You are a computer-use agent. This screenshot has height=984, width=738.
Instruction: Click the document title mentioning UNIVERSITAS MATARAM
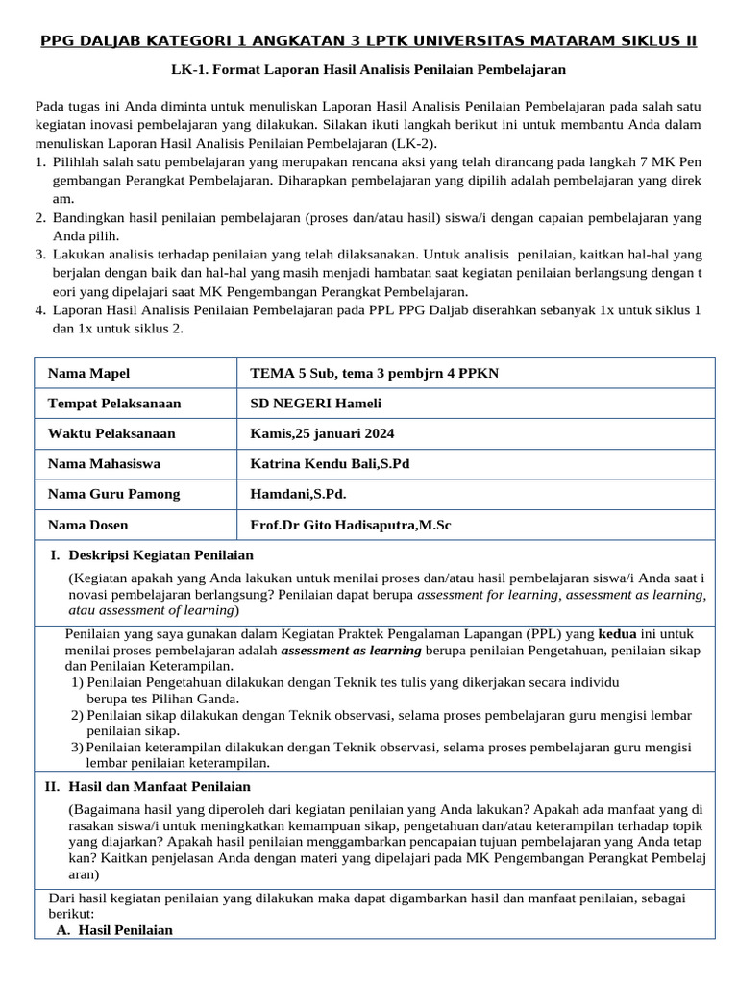(x=368, y=41)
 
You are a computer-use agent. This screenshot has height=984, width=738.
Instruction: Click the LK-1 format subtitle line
(x=368, y=69)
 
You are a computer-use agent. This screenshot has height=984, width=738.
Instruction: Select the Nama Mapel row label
(x=88, y=373)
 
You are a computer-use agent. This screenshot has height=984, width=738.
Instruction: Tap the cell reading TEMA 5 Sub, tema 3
(x=374, y=373)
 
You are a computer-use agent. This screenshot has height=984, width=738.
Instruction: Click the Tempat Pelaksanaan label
(x=114, y=404)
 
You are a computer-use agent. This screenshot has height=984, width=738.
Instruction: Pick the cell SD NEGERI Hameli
(x=315, y=404)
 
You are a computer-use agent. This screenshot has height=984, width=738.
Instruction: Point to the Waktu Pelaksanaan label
(x=111, y=433)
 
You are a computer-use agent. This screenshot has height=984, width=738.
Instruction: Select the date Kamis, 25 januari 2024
(x=322, y=433)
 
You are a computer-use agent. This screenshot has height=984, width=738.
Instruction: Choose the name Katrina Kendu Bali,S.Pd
(x=330, y=463)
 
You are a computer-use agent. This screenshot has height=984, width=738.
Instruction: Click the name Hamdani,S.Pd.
(x=298, y=494)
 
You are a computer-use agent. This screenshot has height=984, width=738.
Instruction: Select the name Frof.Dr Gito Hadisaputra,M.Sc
(x=350, y=525)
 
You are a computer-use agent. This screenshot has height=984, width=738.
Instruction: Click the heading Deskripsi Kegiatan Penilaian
(x=160, y=554)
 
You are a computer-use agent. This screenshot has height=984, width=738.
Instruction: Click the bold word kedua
(x=617, y=634)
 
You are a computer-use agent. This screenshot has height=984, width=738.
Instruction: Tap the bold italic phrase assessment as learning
(x=351, y=650)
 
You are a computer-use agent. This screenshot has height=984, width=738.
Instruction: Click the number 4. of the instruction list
(x=40, y=309)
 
